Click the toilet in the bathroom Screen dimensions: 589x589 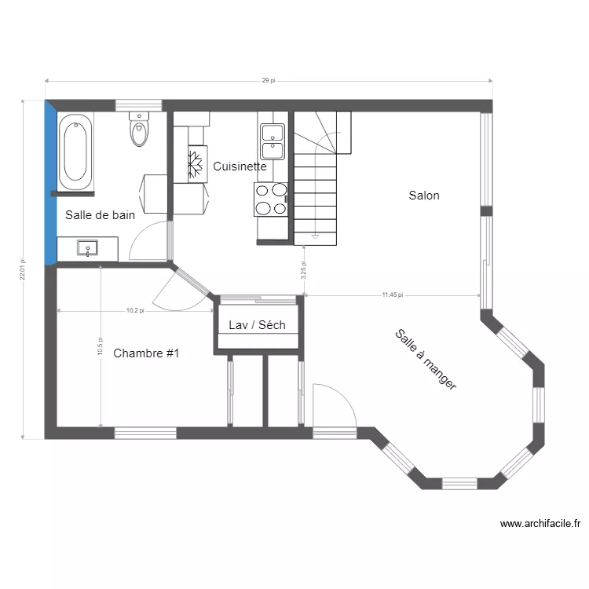click(x=139, y=129)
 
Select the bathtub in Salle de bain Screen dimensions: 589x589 click(x=75, y=152)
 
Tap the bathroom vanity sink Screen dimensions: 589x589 click(x=87, y=248)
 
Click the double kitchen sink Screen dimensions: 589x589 click(x=273, y=141)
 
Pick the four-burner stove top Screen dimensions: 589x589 click(x=271, y=199)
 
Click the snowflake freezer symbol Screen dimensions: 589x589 click(x=196, y=164)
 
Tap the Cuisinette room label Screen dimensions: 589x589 click(x=240, y=166)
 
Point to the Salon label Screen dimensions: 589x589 click(x=424, y=196)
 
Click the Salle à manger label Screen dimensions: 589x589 click(x=426, y=360)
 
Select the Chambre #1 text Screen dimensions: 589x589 click(x=146, y=353)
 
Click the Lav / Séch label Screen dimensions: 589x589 click(x=258, y=325)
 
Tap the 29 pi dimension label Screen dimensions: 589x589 click(x=269, y=80)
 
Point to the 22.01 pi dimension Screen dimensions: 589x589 click(x=23, y=269)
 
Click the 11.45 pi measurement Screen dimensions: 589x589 click(x=393, y=294)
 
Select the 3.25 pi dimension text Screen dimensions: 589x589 click(x=303, y=270)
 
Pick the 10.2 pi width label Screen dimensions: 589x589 click(x=135, y=311)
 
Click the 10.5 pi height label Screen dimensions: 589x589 click(x=100, y=346)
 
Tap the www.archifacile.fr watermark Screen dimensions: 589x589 click(x=540, y=523)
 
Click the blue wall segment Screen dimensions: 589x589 click(x=50, y=183)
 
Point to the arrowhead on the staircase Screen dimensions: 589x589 click(x=315, y=236)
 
